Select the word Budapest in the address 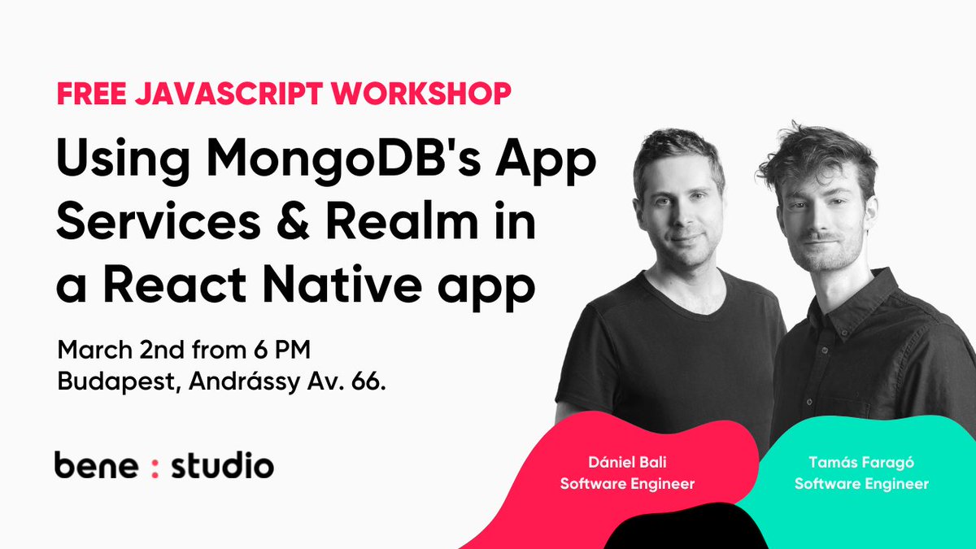(107, 383)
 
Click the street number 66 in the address (367, 382)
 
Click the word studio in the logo (222, 465)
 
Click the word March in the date (88, 351)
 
